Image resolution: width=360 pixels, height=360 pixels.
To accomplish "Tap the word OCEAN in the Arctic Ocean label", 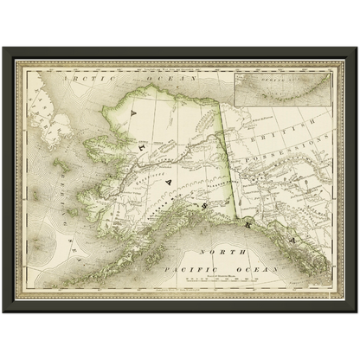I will (x=176, y=77).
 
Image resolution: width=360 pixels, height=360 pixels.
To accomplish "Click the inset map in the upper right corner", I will (x=283, y=87).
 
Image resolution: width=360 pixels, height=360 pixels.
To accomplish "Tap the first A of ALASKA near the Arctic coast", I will (x=132, y=112).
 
